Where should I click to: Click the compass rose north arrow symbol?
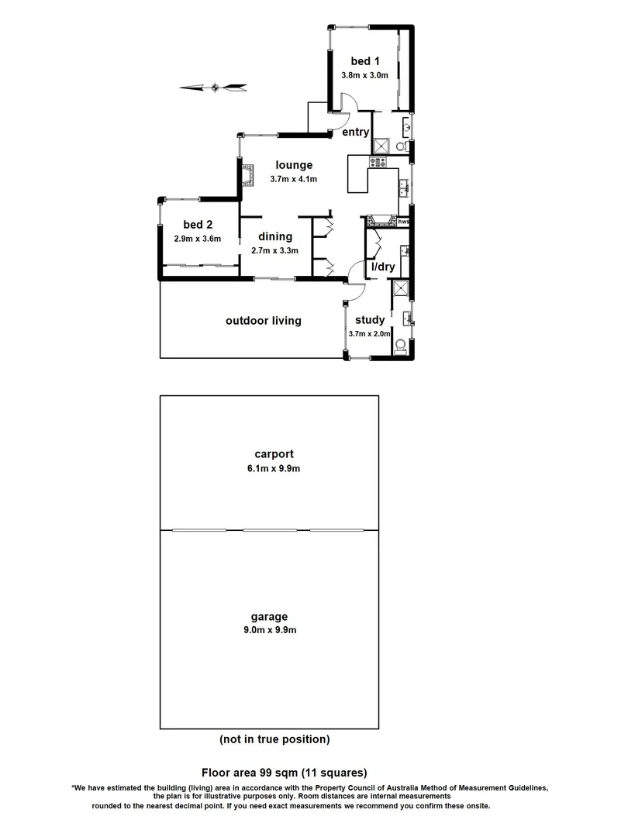pyautogui.click(x=214, y=88)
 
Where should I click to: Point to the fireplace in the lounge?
pyautogui.click(x=249, y=177)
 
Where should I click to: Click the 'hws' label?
pyautogui.click(x=403, y=222)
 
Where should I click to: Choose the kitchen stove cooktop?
pyautogui.click(x=378, y=162)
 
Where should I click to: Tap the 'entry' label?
pyautogui.click(x=356, y=133)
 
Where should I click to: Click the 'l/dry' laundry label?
pyautogui.click(x=383, y=267)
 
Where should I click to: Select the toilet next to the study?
pyautogui.click(x=400, y=346)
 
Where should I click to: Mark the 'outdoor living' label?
pyautogui.click(x=263, y=321)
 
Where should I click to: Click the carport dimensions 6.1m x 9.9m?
pyautogui.click(x=269, y=468)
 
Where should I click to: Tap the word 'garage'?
pyautogui.click(x=269, y=617)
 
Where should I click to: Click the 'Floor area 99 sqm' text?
pyautogui.click(x=284, y=772)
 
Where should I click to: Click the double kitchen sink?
pyautogui.click(x=404, y=187)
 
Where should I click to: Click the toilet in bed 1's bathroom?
pyautogui.click(x=401, y=146)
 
